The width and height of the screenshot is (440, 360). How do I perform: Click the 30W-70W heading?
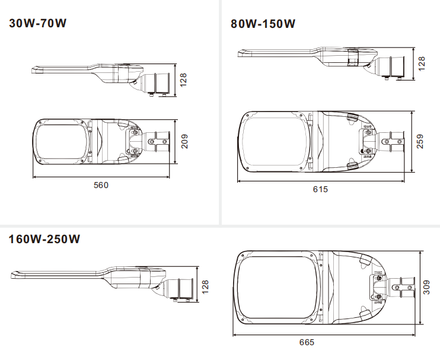(37, 23)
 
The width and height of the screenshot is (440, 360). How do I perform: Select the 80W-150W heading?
(263, 24)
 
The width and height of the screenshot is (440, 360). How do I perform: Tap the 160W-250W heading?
(44, 239)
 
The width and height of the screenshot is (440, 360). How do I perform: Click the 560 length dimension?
(101, 185)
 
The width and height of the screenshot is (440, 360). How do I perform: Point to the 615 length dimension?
(320, 189)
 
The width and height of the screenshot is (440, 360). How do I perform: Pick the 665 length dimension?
(307, 342)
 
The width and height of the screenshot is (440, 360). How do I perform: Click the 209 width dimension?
(184, 141)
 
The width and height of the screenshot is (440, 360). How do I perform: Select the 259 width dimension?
(420, 141)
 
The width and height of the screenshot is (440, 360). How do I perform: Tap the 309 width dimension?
(426, 287)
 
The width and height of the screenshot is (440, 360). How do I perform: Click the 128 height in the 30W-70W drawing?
(183, 80)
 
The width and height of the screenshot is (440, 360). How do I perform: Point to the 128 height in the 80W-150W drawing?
(422, 63)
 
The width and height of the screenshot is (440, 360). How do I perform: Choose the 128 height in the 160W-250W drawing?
(205, 287)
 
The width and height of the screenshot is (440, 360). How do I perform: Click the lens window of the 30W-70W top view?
(62, 141)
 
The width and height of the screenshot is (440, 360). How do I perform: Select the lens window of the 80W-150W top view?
(275, 142)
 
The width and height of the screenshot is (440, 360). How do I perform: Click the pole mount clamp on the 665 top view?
(402, 288)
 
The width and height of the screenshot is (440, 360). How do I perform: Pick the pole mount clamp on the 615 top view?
(391, 142)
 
